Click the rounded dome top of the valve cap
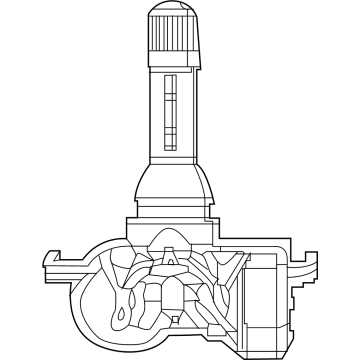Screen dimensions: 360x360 (x=177, y=12)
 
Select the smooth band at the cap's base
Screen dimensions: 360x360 (x=177, y=62)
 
